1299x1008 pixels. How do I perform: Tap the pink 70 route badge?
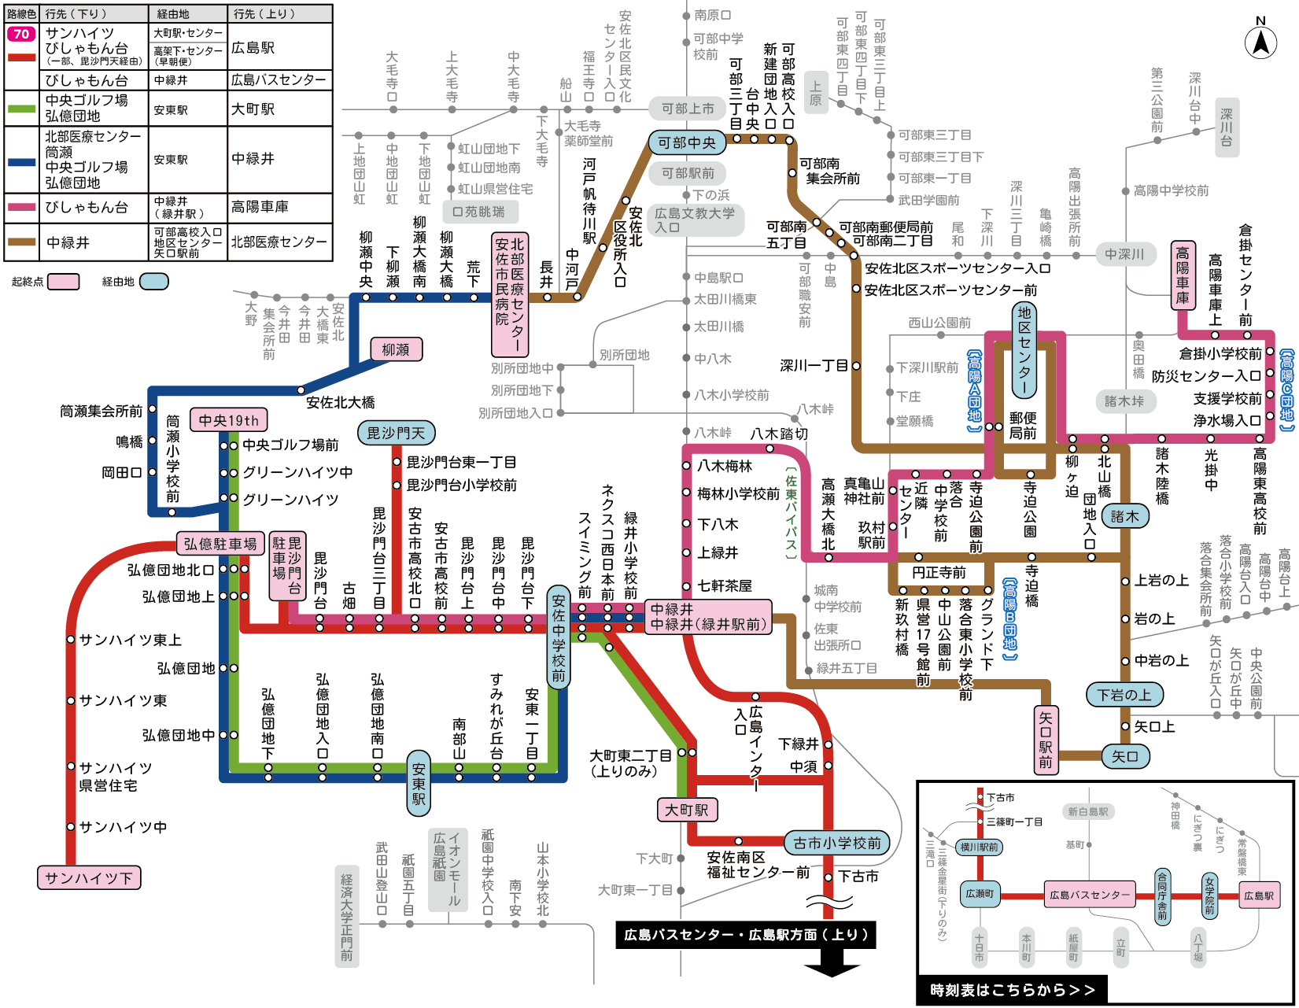(21, 34)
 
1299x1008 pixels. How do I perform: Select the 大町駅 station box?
(687, 810)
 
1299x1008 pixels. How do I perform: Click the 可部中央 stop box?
(686, 142)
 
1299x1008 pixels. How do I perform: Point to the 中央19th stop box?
(228, 420)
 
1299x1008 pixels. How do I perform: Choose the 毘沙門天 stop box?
(396, 433)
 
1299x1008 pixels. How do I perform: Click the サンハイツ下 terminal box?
(89, 877)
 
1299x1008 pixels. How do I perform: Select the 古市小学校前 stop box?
(836, 843)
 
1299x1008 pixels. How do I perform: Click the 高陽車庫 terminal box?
(1183, 275)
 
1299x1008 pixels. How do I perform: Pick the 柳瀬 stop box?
(396, 349)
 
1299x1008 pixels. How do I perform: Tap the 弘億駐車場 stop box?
(220, 544)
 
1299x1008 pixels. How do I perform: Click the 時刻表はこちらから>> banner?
(1012, 990)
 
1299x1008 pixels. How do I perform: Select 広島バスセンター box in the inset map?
(1089, 895)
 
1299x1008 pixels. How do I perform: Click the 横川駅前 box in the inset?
(979, 847)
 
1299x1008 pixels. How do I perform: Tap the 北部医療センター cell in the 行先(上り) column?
(279, 242)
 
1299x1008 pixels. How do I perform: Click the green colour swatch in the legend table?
(21, 109)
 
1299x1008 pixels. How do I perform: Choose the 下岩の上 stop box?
(1124, 695)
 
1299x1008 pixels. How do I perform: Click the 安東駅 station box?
(419, 779)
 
